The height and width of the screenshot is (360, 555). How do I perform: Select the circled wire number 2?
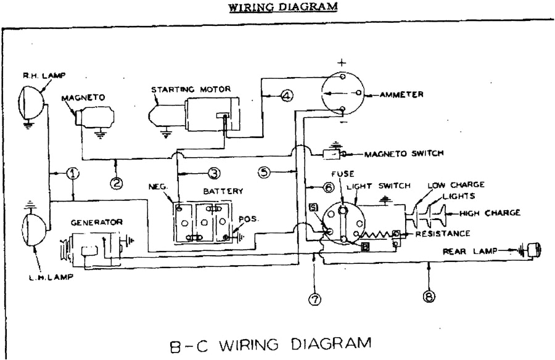coord(116,182)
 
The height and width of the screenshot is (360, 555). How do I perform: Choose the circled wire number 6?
coord(328,186)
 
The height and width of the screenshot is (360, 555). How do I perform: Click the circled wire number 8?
coord(429,297)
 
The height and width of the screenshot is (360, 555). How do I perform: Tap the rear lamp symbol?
coord(532,250)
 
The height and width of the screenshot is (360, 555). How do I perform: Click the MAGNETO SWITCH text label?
coord(403,154)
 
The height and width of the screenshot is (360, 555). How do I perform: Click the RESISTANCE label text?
coord(443,234)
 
